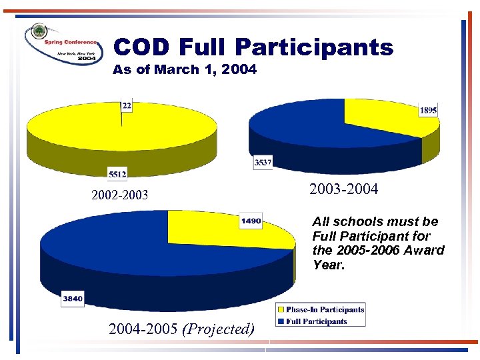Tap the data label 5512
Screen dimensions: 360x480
pyautogui.click(x=117, y=174)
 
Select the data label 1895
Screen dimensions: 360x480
pyautogui.click(x=429, y=111)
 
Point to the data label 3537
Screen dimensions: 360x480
pyautogui.click(x=263, y=162)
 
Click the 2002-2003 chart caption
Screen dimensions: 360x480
pyautogui.click(x=120, y=195)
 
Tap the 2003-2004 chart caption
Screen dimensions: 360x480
pyautogui.click(x=344, y=189)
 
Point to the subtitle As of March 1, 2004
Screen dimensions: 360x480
pyautogui.click(x=185, y=69)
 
